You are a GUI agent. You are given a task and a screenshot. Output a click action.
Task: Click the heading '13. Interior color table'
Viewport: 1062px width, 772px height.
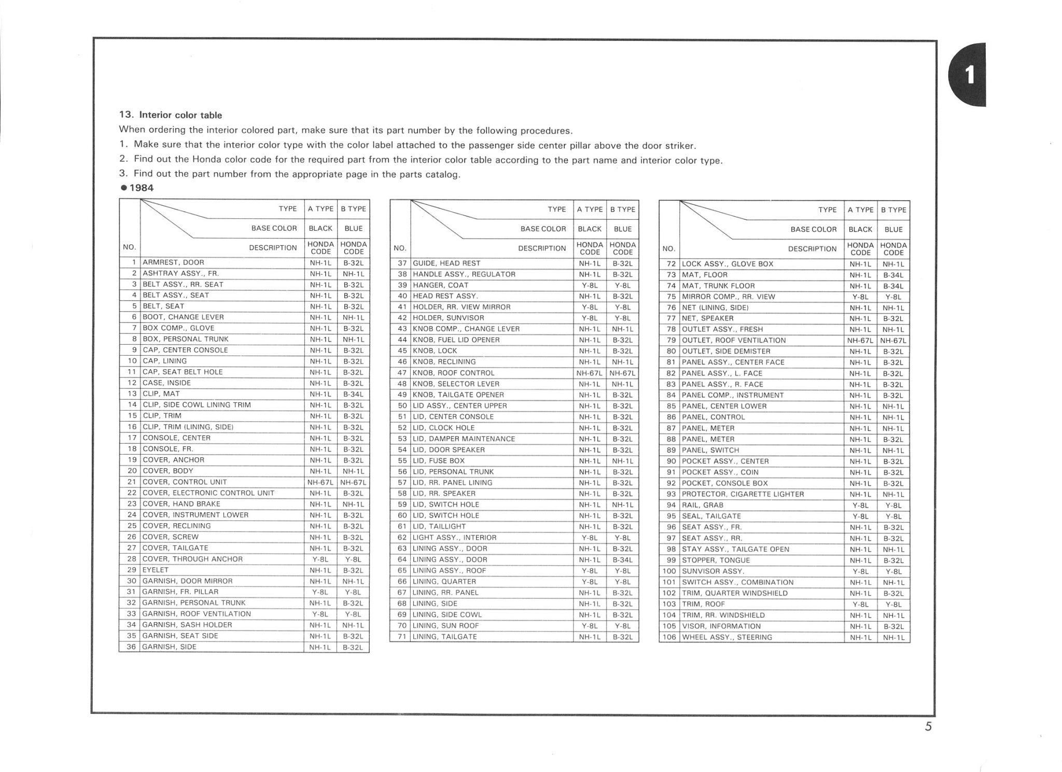[x=171, y=115]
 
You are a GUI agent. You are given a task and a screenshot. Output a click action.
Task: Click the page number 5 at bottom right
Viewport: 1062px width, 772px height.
[x=928, y=727]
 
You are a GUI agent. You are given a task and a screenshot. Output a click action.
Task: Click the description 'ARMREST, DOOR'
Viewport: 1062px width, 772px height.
[x=173, y=262]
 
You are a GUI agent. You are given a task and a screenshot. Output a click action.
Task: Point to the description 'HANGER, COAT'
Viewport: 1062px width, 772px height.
[x=440, y=285]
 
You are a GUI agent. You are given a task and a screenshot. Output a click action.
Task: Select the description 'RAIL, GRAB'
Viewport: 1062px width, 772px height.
[x=702, y=505]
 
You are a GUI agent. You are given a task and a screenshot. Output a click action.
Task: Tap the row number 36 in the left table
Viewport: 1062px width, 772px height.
[x=131, y=647]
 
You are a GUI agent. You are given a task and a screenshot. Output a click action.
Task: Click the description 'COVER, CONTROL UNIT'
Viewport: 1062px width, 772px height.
[x=185, y=482]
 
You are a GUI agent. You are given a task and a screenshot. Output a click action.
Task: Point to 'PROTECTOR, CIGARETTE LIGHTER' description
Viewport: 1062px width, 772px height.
[x=743, y=494]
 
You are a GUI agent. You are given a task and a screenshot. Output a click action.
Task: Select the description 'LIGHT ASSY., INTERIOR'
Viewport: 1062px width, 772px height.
[x=454, y=537]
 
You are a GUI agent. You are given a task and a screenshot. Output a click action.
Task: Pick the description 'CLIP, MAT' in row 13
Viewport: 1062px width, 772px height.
[x=161, y=394]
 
